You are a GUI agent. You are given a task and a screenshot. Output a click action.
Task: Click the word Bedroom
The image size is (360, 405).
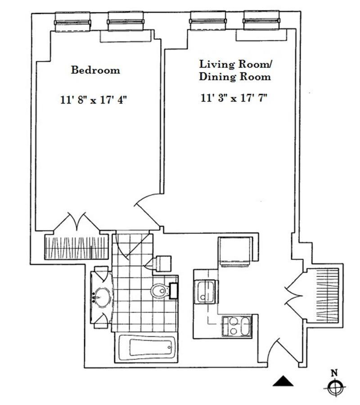pos(96,70)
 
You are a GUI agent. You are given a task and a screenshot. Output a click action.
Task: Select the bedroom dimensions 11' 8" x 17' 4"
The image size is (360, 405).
pos(94,100)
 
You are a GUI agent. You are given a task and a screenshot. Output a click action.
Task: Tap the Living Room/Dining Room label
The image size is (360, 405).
pos(235,70)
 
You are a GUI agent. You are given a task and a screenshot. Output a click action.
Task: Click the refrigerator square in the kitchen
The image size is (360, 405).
pos(235,252)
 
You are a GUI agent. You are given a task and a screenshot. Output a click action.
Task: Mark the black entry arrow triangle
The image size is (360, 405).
pos(283,381)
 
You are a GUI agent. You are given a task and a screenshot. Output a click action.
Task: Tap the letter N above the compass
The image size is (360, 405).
pos(334,372)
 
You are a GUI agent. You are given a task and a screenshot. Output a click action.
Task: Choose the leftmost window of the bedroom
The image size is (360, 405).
pos(72,21)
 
